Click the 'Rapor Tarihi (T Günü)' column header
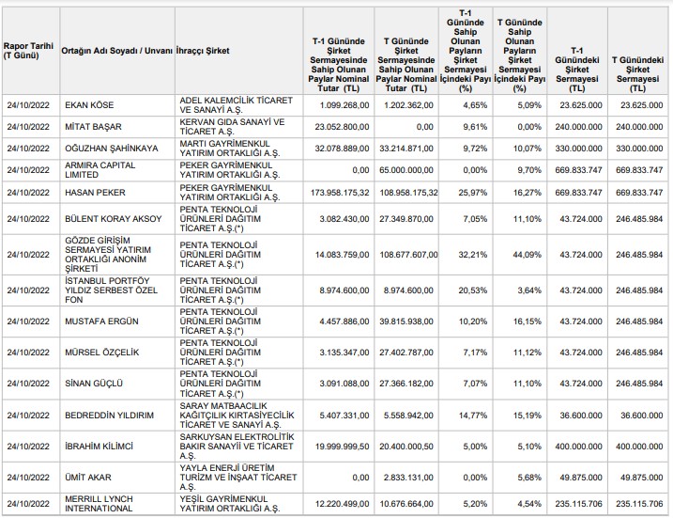point(28,51)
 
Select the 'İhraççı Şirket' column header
point(203,51)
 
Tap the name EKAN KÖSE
point(89,105)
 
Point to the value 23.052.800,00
point(342,127)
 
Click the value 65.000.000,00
point(406,170)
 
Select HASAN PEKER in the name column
point(96,193)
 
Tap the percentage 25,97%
point(472,193)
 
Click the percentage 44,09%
point(528,255)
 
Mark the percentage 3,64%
point(529,290)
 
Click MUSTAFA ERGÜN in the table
point(101,322)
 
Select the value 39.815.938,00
point(406,322)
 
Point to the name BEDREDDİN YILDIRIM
point(110,416)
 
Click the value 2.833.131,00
point(408,478)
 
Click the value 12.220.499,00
point(342,503)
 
